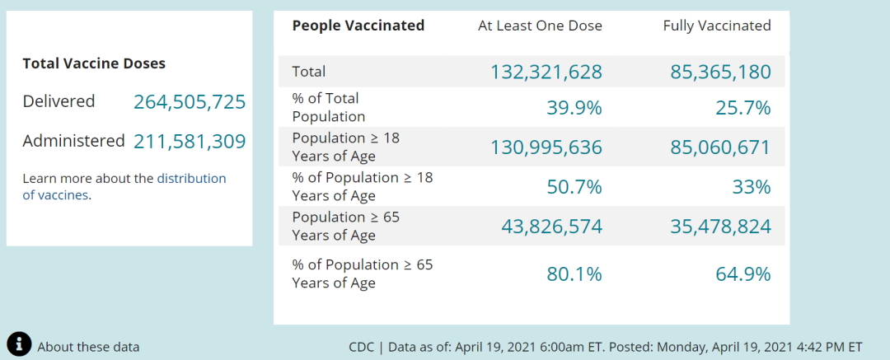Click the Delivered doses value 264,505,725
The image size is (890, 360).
[x=190, y=102]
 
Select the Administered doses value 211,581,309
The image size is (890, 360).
[x=190, y=142]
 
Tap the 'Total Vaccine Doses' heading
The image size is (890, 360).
[x=94, y=63]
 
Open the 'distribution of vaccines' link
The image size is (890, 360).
[x=191, y=179]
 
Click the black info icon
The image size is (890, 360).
[x=19, y=344]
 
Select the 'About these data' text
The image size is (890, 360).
[x=88, y=347]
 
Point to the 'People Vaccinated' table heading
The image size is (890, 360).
[x=358, y=26]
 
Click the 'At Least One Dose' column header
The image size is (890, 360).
[x=540, y=26]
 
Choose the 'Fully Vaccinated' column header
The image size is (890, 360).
[x=717, y=26]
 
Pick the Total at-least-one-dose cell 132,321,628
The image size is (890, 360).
[x=546, y=72]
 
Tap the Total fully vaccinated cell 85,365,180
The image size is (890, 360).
[x=720, y=72]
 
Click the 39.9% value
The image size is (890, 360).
[x=574, y=108]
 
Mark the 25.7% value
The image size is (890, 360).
[x=743, y=108]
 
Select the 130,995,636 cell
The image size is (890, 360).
[x=546, y=147]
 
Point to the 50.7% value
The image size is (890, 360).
[x=574, y=187]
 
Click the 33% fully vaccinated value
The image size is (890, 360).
[x=752, y=187]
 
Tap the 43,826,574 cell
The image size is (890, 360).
[x=552, y=227]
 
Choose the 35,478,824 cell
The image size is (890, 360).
[x=720, y=227]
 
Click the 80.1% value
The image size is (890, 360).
[x=574, y=274]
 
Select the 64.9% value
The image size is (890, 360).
[x=743, y=274]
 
